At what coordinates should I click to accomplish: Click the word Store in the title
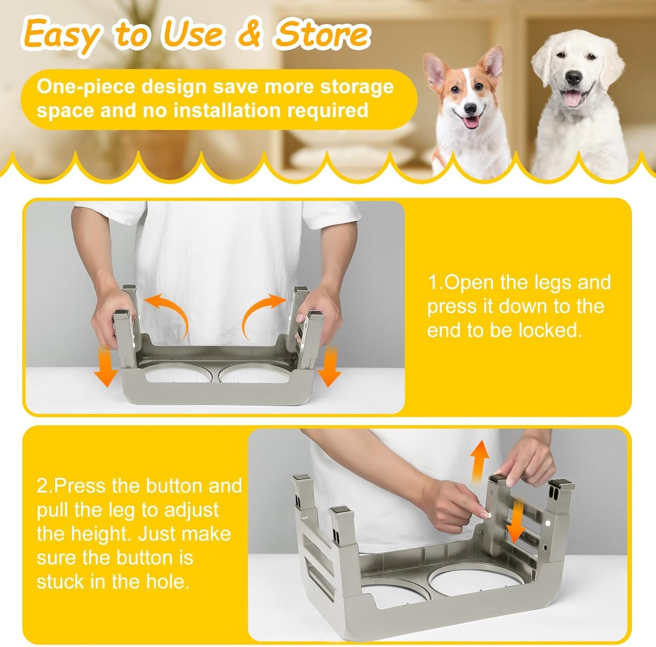point(321,35)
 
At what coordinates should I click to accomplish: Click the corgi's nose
point(470,109)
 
